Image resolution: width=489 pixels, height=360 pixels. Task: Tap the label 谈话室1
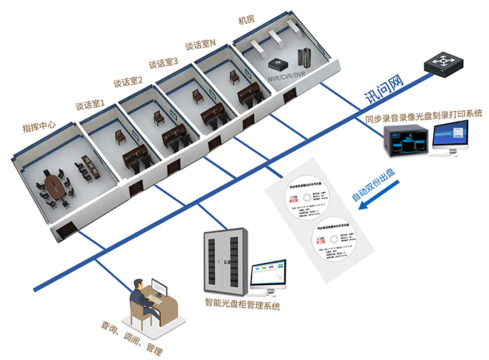[x=89, y=107]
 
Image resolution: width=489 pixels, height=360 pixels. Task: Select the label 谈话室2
[x=128, y=85]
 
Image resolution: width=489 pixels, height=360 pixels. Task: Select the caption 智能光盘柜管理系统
[x=242, y=305]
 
